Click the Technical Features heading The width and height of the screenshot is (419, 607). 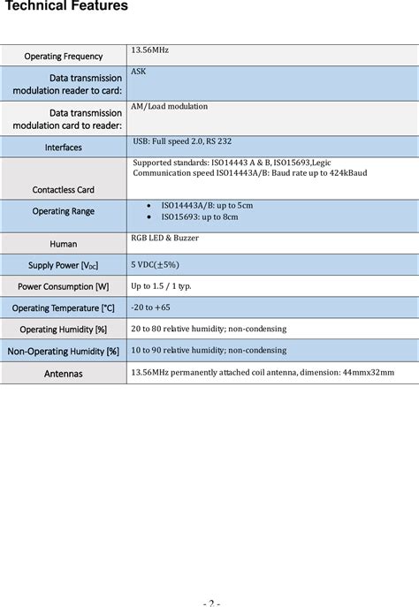67,7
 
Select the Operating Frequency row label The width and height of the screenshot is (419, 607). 63,57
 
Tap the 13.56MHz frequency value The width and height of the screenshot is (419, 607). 149,50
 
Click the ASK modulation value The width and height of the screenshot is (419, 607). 139,71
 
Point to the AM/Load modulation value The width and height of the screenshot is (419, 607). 169,106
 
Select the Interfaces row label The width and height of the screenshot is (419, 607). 63,148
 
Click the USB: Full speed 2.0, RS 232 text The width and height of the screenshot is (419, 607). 182,141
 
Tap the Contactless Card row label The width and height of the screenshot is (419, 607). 63,189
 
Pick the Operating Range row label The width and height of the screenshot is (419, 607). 63,211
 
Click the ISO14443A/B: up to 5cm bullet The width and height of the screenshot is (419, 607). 206,205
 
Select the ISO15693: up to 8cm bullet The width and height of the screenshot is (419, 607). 199,216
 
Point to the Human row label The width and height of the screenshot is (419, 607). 63,244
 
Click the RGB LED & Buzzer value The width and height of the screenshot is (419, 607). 164,239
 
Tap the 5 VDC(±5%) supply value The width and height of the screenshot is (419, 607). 155,264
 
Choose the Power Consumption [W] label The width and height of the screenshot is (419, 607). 63,286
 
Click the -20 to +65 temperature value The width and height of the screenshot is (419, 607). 150,307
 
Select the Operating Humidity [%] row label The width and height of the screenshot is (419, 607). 63,330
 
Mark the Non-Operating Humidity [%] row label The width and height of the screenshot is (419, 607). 63,351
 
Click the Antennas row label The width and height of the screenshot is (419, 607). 63,373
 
